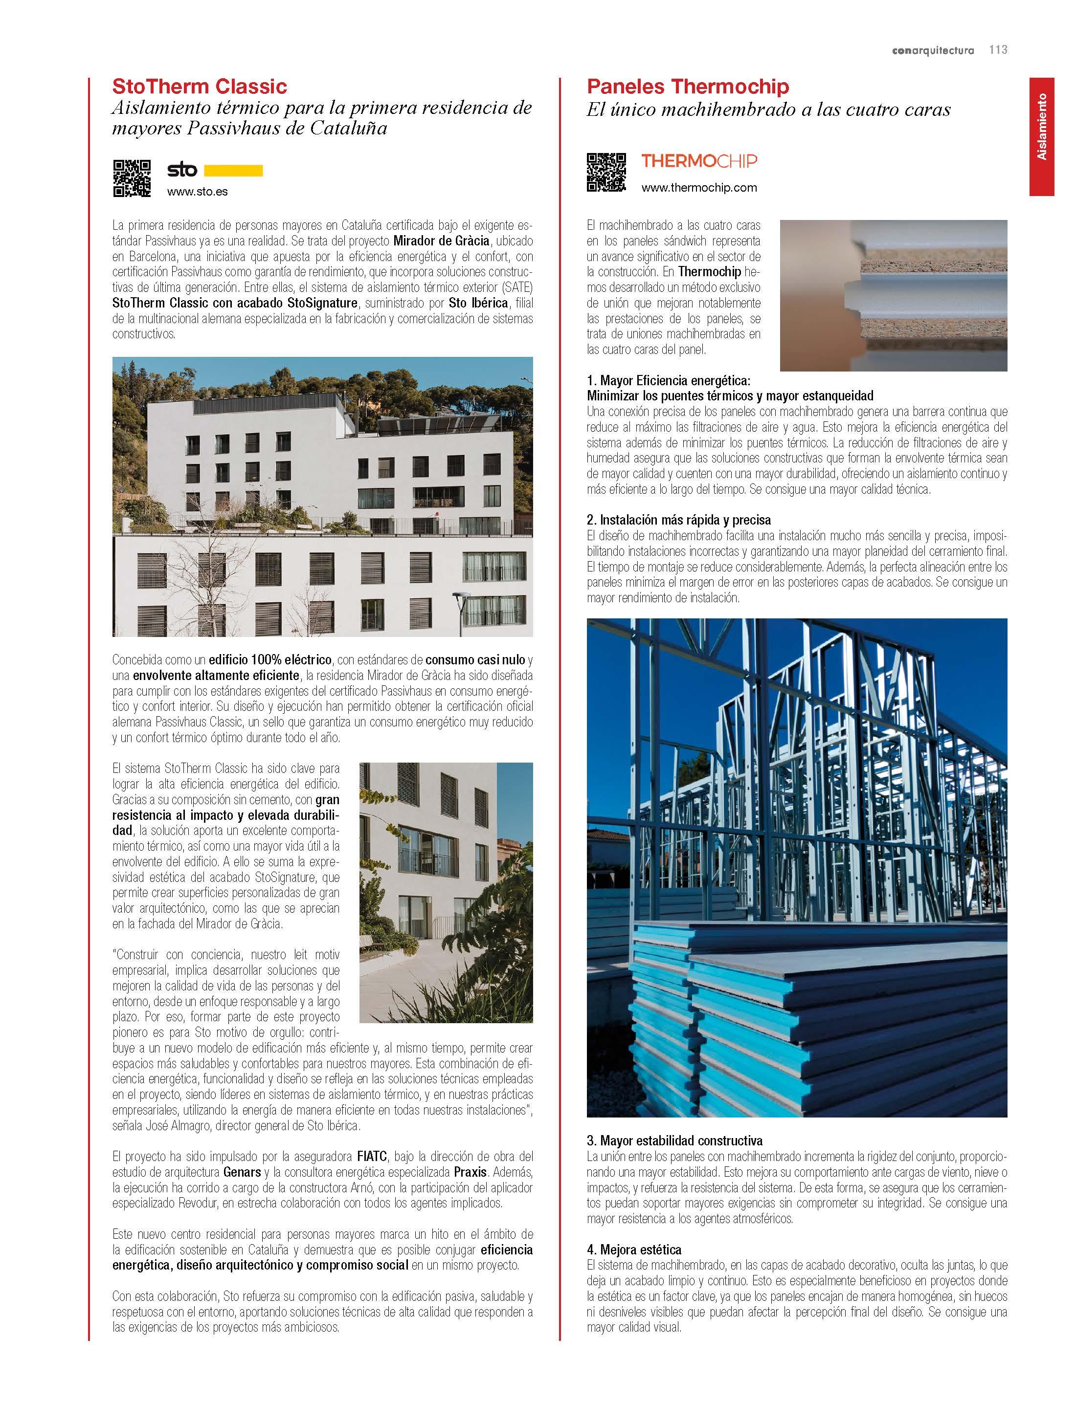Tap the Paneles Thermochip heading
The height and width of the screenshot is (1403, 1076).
[x=688, y=87]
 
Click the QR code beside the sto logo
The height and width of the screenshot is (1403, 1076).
[x=132, y=178]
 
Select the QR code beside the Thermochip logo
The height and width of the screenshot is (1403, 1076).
[x=606, y=172]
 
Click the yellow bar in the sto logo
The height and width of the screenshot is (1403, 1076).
[x=233, y=170]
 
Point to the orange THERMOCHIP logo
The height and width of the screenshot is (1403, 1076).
[x=699, y=161]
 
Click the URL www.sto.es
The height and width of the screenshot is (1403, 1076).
[x=197, y=191]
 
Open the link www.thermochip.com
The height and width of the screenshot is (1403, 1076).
[x=699, y=188]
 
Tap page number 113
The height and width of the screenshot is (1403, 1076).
[x=998, y=50]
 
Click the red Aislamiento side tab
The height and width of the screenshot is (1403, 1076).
[x=1041, y=136]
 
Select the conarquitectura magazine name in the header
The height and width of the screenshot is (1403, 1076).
[x=933, y=50]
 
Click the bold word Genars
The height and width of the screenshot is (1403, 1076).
[x=242, y=1172]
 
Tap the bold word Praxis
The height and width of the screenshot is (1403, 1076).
[x=470, y=1172]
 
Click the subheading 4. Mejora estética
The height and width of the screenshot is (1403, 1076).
[x=634, y=1250]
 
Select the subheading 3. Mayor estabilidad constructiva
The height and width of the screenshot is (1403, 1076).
[x=674, y=1140]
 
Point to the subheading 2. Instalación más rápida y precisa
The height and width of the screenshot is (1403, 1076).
[x=679, y=520]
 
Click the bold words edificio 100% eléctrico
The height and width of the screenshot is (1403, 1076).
[x=269, y=660]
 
